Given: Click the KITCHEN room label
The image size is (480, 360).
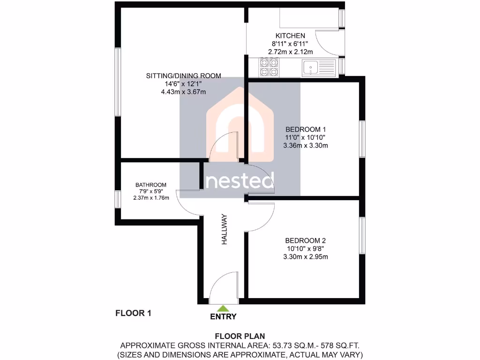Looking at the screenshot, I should point(290,36).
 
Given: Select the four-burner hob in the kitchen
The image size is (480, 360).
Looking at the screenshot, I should point(269,67).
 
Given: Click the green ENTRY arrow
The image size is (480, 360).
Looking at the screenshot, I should point(224,308).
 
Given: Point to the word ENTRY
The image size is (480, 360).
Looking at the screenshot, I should point(224,316).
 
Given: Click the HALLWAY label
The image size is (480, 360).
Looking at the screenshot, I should point(225,230).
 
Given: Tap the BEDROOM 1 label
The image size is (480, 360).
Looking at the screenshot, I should point(306,129).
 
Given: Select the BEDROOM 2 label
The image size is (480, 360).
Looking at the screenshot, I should point(305,240).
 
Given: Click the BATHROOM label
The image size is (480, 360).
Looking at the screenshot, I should point(151,185).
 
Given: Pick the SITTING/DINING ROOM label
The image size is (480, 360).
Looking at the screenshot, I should point(183,76).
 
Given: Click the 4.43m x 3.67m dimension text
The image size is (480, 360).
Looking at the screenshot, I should point(183,92).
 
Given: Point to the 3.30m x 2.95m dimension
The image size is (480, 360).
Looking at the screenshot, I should point(305,256).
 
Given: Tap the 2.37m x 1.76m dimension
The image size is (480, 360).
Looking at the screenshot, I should point(151,197).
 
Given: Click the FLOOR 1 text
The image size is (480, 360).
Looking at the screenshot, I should point(133,313).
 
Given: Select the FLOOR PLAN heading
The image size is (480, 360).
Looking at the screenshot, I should point(240,336).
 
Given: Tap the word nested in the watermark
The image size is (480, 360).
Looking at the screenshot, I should point(240,181).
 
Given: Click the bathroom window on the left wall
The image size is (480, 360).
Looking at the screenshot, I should point(118,199).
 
